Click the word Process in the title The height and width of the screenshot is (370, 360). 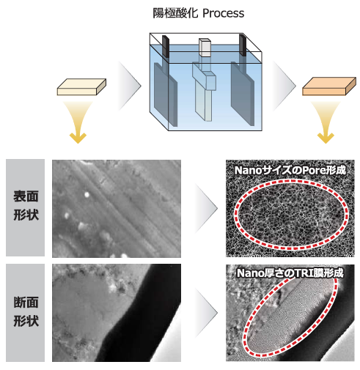224,13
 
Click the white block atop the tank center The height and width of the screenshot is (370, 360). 205,47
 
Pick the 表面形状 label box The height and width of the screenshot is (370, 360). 26,208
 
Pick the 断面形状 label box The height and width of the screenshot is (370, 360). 26,312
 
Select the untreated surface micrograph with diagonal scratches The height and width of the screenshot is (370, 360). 116,209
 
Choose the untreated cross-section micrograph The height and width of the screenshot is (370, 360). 116,313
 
